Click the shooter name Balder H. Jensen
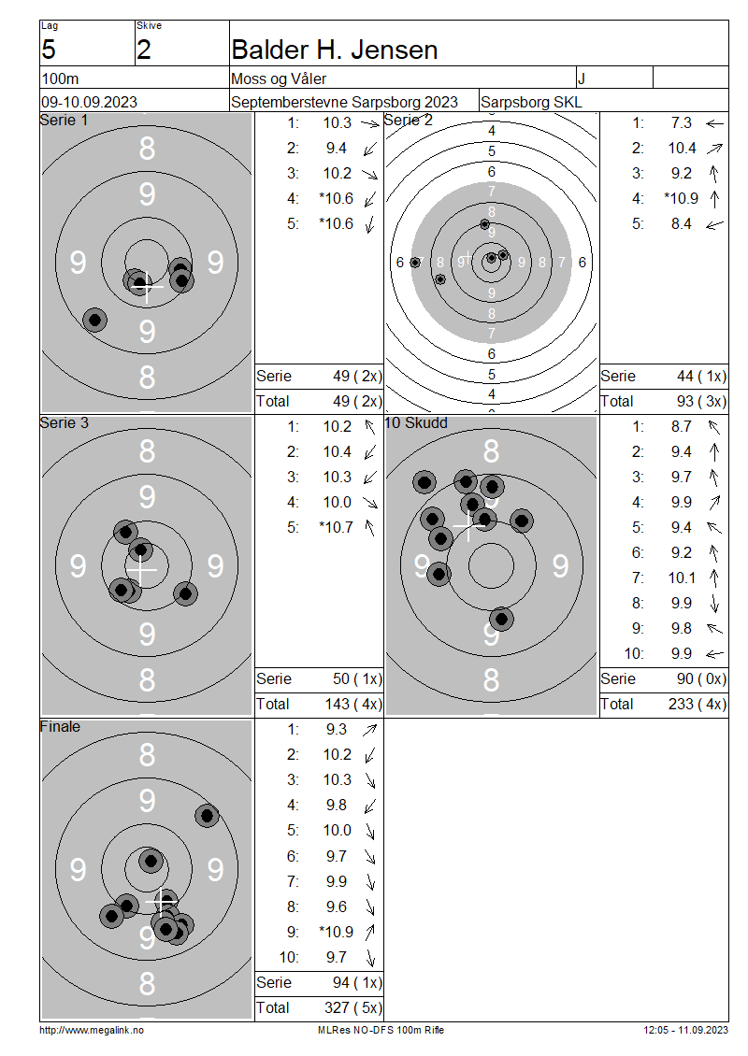pos(334,50)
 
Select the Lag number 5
pos(49,50)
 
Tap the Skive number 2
pos(144,50)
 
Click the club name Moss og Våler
pos(279,78)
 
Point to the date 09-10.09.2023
pos(89,102)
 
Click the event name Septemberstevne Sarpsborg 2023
pos(344,102)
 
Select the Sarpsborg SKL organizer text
pos(531,102)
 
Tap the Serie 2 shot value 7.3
pos(682,122)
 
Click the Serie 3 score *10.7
pos(337,527)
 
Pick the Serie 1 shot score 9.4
pos(337,149)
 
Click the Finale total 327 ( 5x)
pos(353,1007)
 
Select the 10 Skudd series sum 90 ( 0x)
pos(701,678)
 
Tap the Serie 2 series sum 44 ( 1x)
pos(701,376)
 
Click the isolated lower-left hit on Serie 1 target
pos(95,320)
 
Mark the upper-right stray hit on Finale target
pos(207,816)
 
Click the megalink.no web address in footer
pos(92,1030)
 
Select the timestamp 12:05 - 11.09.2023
pos(685,1030)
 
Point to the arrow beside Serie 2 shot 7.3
pos(714,123)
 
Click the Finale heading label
pos(60,727)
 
